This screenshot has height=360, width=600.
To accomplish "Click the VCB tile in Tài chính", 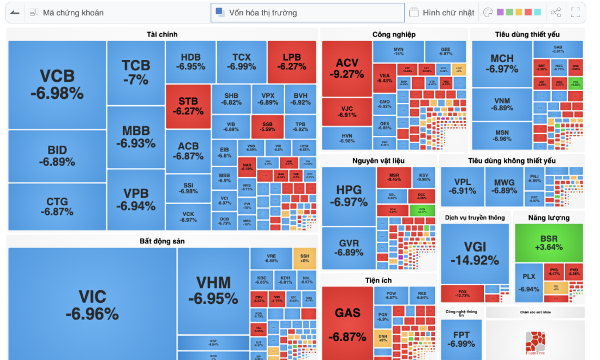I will [57, 85].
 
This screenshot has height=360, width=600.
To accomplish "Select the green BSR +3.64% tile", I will [549, 243].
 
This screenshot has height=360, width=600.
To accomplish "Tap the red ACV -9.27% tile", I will [347, 69].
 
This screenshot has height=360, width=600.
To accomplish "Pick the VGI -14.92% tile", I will [475, 253].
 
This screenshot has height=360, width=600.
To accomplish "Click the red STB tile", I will [188, 106].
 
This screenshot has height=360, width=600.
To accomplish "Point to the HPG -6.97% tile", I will [349, 196].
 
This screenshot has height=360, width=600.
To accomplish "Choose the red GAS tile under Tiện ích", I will [347, 323].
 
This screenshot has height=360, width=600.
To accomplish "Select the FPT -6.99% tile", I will [461, 339].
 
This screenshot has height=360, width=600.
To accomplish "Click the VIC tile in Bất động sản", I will [92, 305].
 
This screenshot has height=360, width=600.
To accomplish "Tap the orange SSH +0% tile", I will [305, 258].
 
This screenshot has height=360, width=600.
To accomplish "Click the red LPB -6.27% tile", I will [291, 62].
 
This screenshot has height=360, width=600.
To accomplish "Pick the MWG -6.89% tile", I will [505, 186].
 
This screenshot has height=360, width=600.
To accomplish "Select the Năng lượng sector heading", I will [549, 218].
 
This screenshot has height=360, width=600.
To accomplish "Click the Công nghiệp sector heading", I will [394, 34].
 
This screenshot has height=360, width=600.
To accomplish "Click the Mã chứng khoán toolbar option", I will [67, 13].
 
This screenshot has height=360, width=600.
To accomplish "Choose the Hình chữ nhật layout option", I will [442, 13].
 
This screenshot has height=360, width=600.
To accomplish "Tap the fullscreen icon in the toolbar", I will [575, 13].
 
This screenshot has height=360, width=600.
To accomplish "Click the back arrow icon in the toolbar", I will [15, 13].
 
